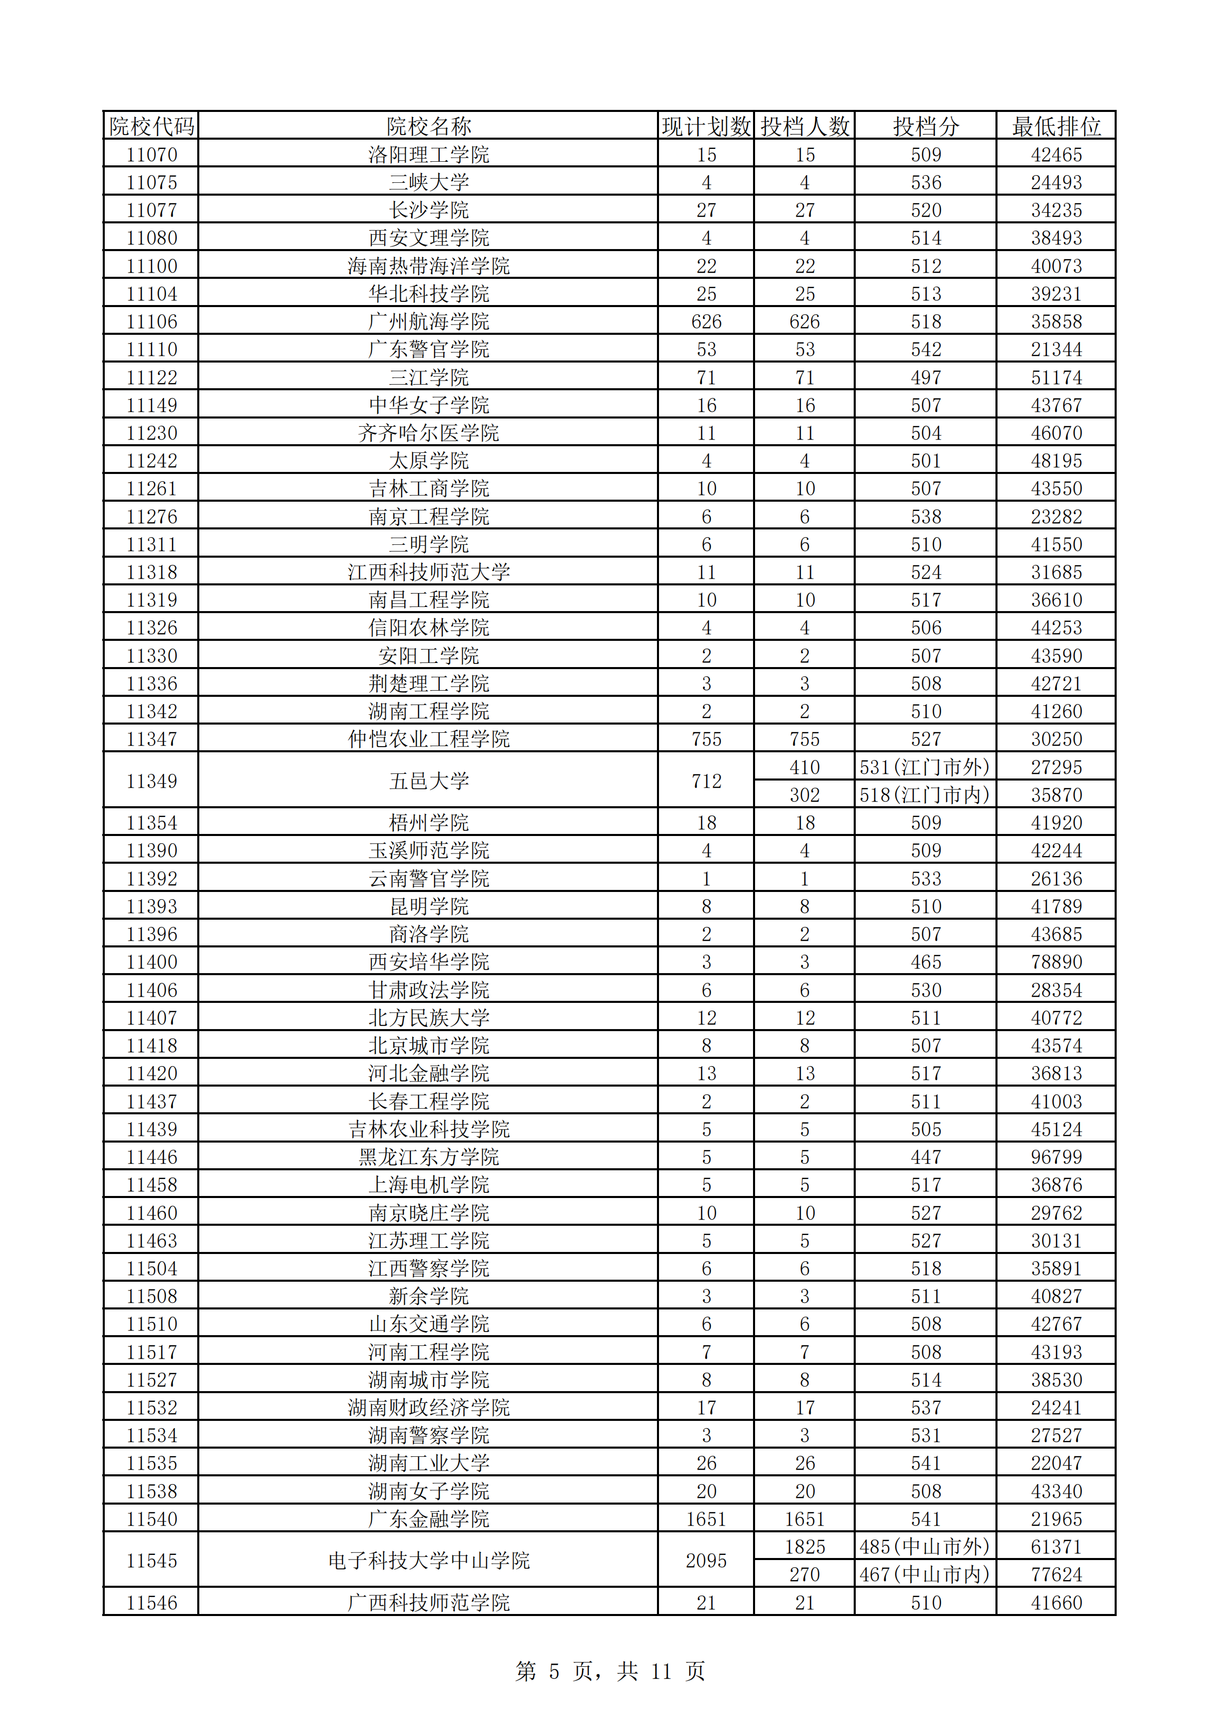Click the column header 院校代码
(152, 126)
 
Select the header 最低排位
(1056, 126)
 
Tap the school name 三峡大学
(428, 182)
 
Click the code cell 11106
(152, 321)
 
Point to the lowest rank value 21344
(1056, 349)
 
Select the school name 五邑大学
(428, 781)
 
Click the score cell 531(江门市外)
(925, 767)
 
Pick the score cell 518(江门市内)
(925, 795)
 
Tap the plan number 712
(706, 781)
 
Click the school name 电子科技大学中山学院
(428, 1561)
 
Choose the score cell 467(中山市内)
(925, 1574)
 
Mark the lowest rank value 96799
(1056, 1156)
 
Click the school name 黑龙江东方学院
(428, 1156)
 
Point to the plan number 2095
(706, 1561)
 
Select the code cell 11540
(152, 1519)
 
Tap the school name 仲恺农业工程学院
(428, 739)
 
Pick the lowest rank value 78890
(1056, 962)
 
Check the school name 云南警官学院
(428, 879)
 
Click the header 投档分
(925, 126)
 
